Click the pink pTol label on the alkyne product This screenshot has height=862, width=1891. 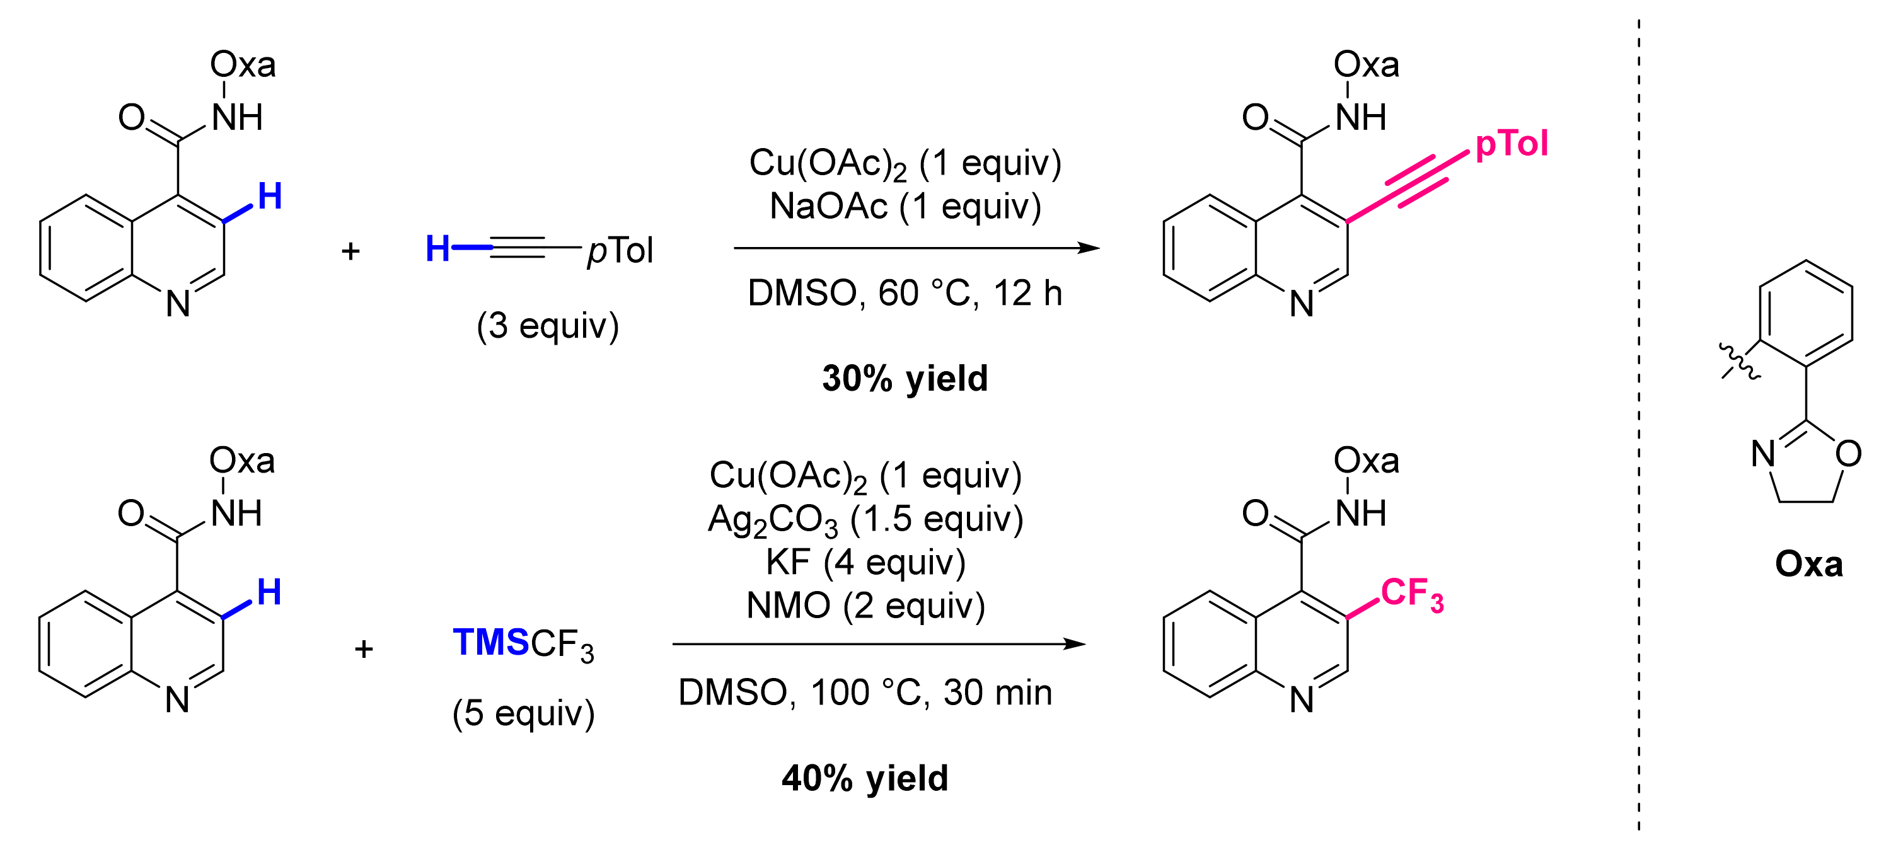pos(1511,144)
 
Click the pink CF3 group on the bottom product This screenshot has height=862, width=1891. pos(1411,594)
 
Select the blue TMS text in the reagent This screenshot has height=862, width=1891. pos(490,643)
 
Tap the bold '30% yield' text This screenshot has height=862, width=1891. pos(905,379)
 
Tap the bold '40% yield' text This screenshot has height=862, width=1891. pos(865,778)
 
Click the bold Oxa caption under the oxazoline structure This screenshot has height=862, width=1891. pos(1809,565)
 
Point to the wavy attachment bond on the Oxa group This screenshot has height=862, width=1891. pos(1740,362)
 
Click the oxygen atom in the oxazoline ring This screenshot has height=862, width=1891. pos(1848,454)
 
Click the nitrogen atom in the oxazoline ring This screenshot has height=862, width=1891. pos(1763,454)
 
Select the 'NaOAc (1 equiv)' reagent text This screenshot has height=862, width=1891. pos(905,207)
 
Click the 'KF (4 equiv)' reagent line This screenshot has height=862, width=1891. pos(865,563)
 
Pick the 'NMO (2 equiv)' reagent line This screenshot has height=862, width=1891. pos(865,606)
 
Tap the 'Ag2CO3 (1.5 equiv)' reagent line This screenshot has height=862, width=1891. pos(865,519)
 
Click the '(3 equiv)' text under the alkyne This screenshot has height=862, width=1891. pos(548,325)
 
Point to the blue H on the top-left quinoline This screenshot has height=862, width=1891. pos(269,197)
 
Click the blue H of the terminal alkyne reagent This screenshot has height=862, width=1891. pos(437,249)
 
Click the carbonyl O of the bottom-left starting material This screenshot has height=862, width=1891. pos(130,514)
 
